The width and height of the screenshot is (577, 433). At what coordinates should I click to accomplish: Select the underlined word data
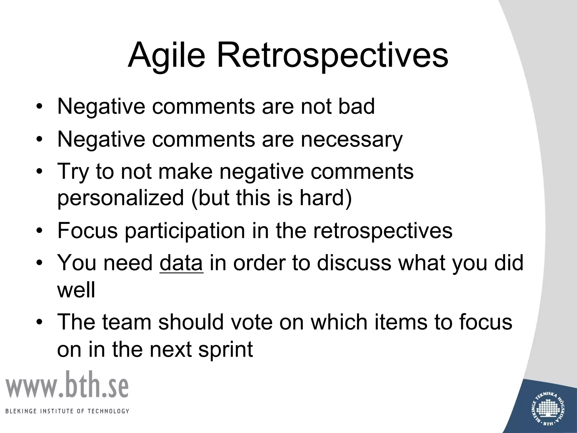point(181,263)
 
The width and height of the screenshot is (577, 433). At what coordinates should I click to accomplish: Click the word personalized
point(121,198)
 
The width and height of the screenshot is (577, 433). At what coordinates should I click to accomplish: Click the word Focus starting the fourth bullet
point(87,231)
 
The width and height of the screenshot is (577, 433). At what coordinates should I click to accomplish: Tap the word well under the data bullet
point(76,290)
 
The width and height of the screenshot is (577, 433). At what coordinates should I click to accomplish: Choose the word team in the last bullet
point(127,322)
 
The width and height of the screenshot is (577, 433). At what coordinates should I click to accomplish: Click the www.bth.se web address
point(67,385)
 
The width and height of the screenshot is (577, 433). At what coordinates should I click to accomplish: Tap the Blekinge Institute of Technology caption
point(67,411)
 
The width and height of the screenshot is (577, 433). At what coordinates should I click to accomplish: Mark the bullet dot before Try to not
point(39,171)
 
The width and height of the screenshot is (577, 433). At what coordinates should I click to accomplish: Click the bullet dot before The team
point(39,322)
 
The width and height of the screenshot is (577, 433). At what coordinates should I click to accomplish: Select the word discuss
point(354,263)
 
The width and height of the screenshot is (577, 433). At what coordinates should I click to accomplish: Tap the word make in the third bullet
point(185,171)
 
